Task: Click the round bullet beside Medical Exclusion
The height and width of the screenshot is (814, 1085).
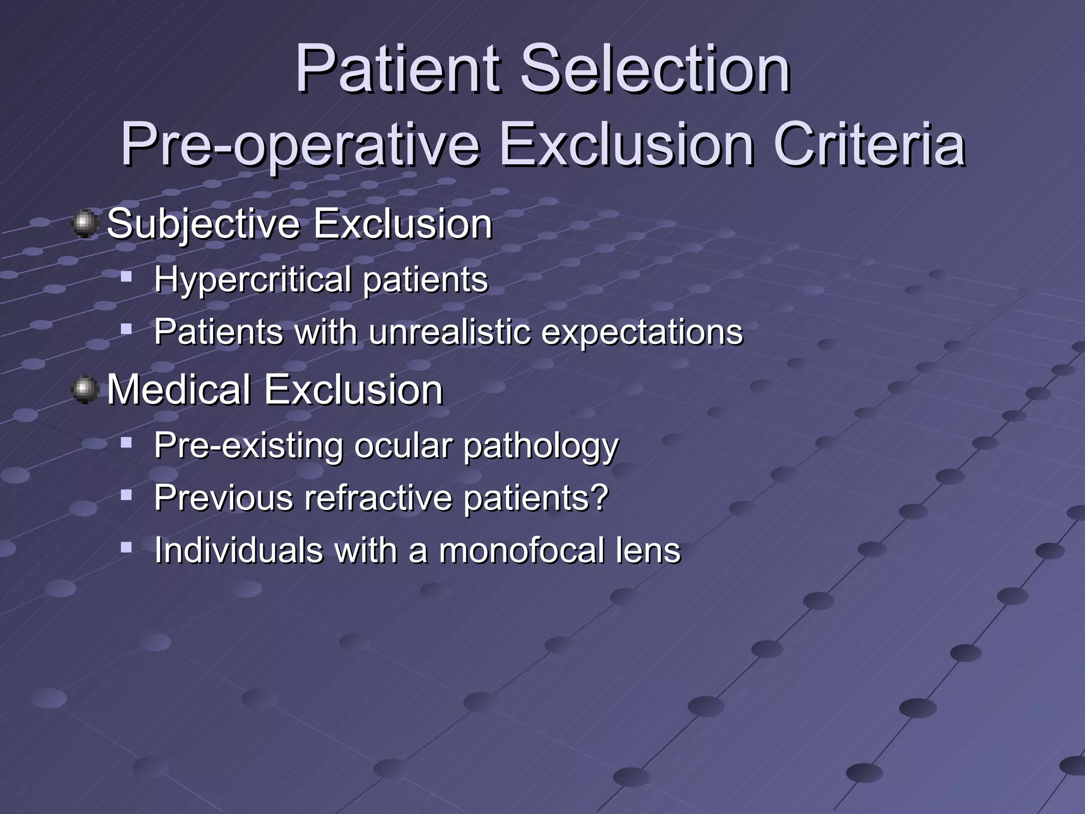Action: click(84, 390)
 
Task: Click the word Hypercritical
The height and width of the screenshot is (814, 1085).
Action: click(252, 280)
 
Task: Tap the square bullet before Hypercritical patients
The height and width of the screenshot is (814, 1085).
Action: click(126, 277)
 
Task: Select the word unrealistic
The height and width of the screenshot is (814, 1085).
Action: click(450, 332)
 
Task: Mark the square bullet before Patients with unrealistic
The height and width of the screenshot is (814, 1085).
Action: click(126, 330)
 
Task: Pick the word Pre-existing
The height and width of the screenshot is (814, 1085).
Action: click(248, 446)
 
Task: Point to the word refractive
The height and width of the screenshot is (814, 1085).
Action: click(378, 498)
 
